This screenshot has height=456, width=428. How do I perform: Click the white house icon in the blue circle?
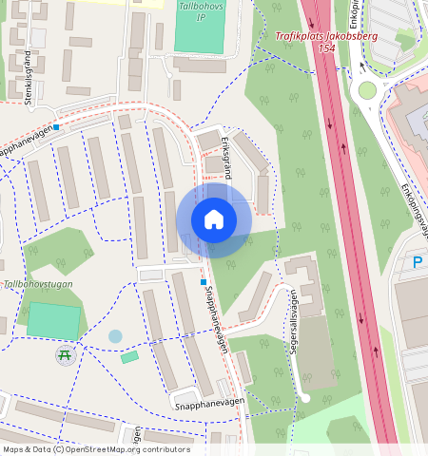tap(214, 220)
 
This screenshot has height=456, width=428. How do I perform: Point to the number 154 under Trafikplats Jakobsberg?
tap(327, 47)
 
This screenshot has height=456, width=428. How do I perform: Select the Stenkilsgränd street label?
tap(29, 66)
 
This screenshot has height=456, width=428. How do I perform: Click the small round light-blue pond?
tap(115, 336)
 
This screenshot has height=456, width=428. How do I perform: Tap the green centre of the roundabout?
tap(367, 90)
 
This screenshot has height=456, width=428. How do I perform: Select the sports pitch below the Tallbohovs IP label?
tap(201, 32)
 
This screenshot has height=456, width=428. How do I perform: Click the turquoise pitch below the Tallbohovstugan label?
tap(52, 321)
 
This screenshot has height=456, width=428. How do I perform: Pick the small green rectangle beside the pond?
tap(129, 357)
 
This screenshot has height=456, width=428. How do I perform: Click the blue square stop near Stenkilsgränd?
tap(57, 127)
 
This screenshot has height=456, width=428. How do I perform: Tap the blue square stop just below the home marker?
tap(203, 282)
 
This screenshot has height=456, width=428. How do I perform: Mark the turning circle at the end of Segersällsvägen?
tap(304, 396)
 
